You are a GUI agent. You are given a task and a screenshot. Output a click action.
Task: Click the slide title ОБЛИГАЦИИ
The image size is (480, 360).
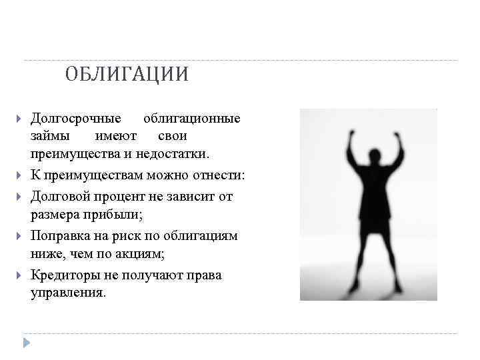click(x=127, y=74)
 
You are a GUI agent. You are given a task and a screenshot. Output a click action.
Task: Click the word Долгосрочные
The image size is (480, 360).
click(x=76, y=119)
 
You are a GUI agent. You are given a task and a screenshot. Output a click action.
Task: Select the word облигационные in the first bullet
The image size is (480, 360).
click(x=192, y=119)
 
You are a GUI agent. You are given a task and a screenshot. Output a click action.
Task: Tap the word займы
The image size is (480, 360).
click(x=48, y=136)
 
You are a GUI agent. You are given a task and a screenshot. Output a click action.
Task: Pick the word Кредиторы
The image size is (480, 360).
click(x=65, y=275)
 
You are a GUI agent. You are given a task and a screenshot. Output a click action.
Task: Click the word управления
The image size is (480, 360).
click(x=67, y=293)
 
